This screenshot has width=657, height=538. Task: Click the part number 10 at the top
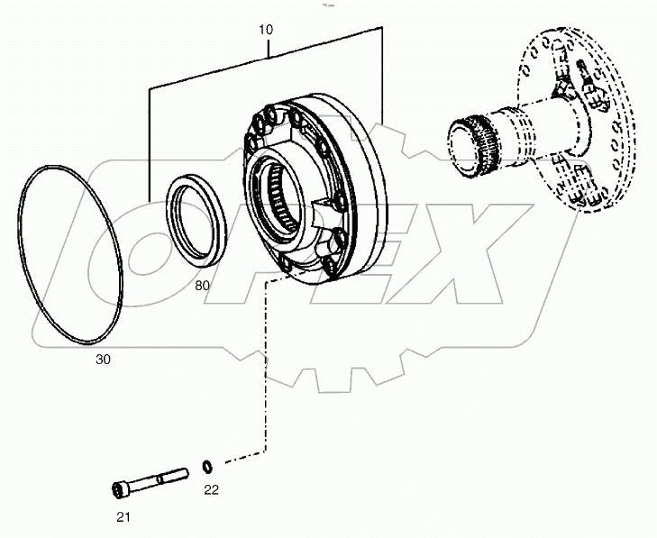click(267, 29)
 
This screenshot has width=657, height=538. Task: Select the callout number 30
click(105, 358)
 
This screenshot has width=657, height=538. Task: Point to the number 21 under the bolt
click(124, 515)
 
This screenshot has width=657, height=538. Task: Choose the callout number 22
click(210, 490)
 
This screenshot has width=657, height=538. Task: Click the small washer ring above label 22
click(207, 466)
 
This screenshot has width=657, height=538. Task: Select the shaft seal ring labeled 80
click(201, 220)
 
